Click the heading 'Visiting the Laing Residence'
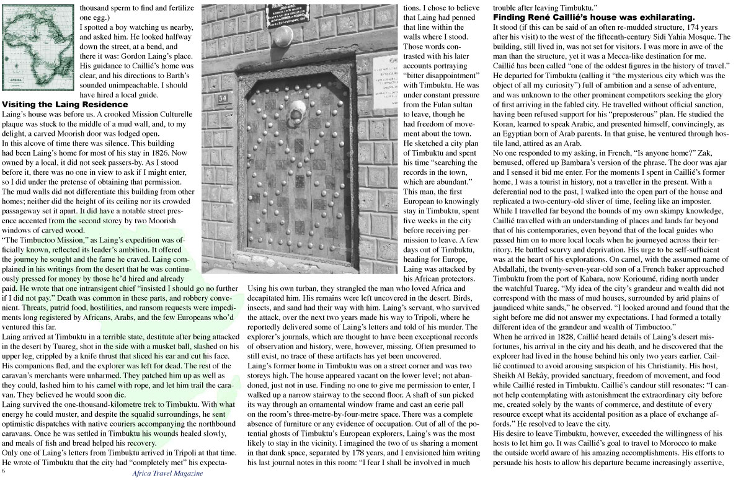point(65,105)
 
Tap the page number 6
point(4,471)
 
